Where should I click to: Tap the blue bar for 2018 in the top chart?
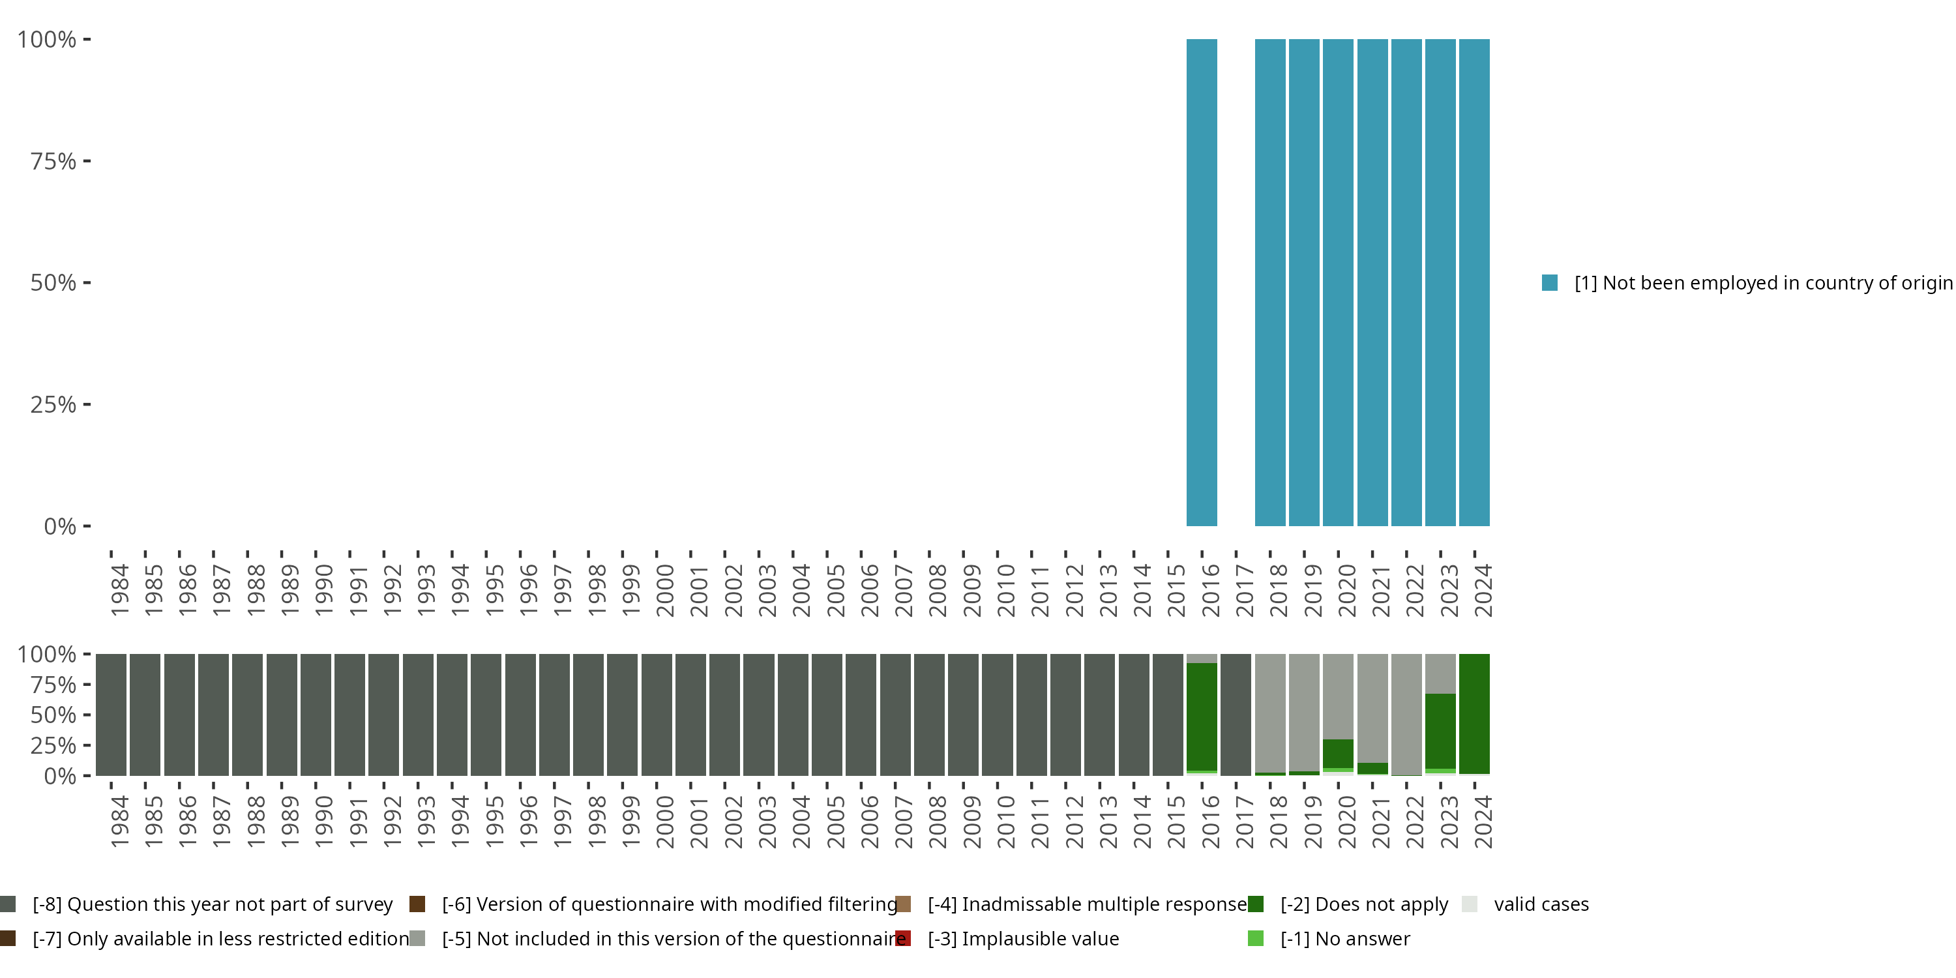[x=1269, y=282]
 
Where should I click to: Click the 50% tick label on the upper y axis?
[x=53, y=282]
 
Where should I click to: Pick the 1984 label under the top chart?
[x=119, y=590]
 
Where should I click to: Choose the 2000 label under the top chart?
[x=664, y=590]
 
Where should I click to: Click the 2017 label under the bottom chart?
[x=1244, y=822]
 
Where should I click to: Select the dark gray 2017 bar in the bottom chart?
[x=1236, y=715]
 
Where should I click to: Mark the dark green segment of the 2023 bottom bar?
[x=1440, y=730]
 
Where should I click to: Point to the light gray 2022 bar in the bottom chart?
[x=1406, y=714]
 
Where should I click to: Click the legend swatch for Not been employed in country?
[x=1550, y=282]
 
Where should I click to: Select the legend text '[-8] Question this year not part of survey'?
[x=213, y=904]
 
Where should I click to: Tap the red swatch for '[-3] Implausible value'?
[x=903, y=938]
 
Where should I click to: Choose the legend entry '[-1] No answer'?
[x=1344, y=938]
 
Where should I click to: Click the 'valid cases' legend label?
[x=1541, y=904]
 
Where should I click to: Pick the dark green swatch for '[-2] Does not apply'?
[x=1256, y=904]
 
